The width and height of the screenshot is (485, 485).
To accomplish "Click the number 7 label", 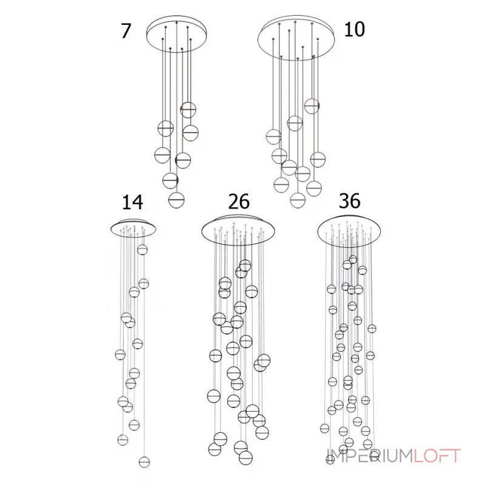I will coord(125,30).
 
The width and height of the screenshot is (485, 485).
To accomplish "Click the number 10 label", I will coord(355,28).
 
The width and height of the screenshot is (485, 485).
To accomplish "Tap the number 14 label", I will coord(134,202).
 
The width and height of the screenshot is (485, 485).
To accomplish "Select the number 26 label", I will coord(239,201).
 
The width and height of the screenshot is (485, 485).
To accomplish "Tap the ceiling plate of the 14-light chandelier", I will coord(135,227).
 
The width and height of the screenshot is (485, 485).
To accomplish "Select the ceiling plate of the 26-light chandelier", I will coord(238,230).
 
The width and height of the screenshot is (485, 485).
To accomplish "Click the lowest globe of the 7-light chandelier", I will coord(176,198).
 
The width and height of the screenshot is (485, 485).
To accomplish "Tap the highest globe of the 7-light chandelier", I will coord(189,110).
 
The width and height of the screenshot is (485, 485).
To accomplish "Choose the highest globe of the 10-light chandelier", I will coord(312,106).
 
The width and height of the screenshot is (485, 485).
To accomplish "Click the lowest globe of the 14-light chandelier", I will coord(144,462).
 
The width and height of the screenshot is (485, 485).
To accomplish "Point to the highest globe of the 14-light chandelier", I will coord(142,249).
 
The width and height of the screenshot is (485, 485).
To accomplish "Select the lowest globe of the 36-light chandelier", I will coord(330,460).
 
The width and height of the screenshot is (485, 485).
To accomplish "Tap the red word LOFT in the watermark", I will coord(437,455).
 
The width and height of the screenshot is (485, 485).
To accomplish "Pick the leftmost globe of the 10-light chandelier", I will coord(273,137).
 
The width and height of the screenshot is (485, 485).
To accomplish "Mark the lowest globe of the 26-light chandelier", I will coord(246,458).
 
